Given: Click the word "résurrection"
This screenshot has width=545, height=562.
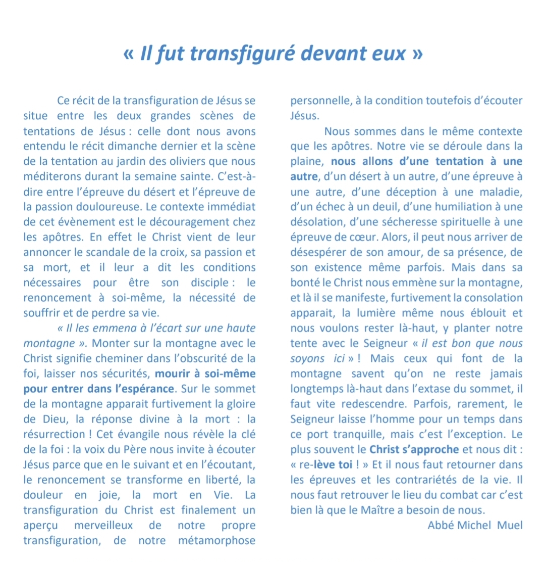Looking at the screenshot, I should pyautogui.click(x=54, y=435).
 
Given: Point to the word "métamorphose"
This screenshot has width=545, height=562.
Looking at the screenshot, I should pyautogui.click(x=217, y=541).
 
